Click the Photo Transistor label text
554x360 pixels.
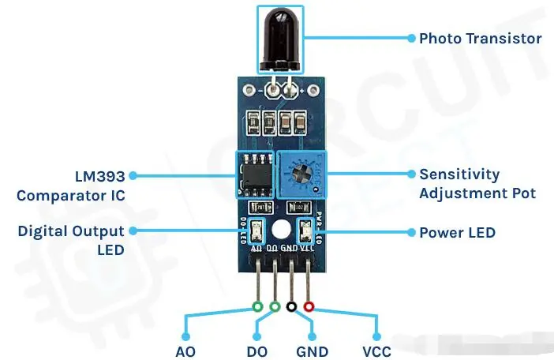click(480, 38)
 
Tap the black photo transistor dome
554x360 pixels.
click(279, 36)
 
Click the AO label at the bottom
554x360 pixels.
click(185, 351)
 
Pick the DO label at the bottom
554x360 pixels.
click(256, 351)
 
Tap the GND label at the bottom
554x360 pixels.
click(312, 351)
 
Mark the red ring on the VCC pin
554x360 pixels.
click(309, 306)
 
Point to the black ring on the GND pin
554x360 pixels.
click(292, 306)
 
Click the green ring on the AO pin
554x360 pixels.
click(257, 306)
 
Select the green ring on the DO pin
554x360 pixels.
click(275, 306)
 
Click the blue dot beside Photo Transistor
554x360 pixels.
click(410, 37)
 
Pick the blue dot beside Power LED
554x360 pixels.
click(410, 232)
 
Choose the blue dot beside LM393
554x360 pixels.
click(133, 175)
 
